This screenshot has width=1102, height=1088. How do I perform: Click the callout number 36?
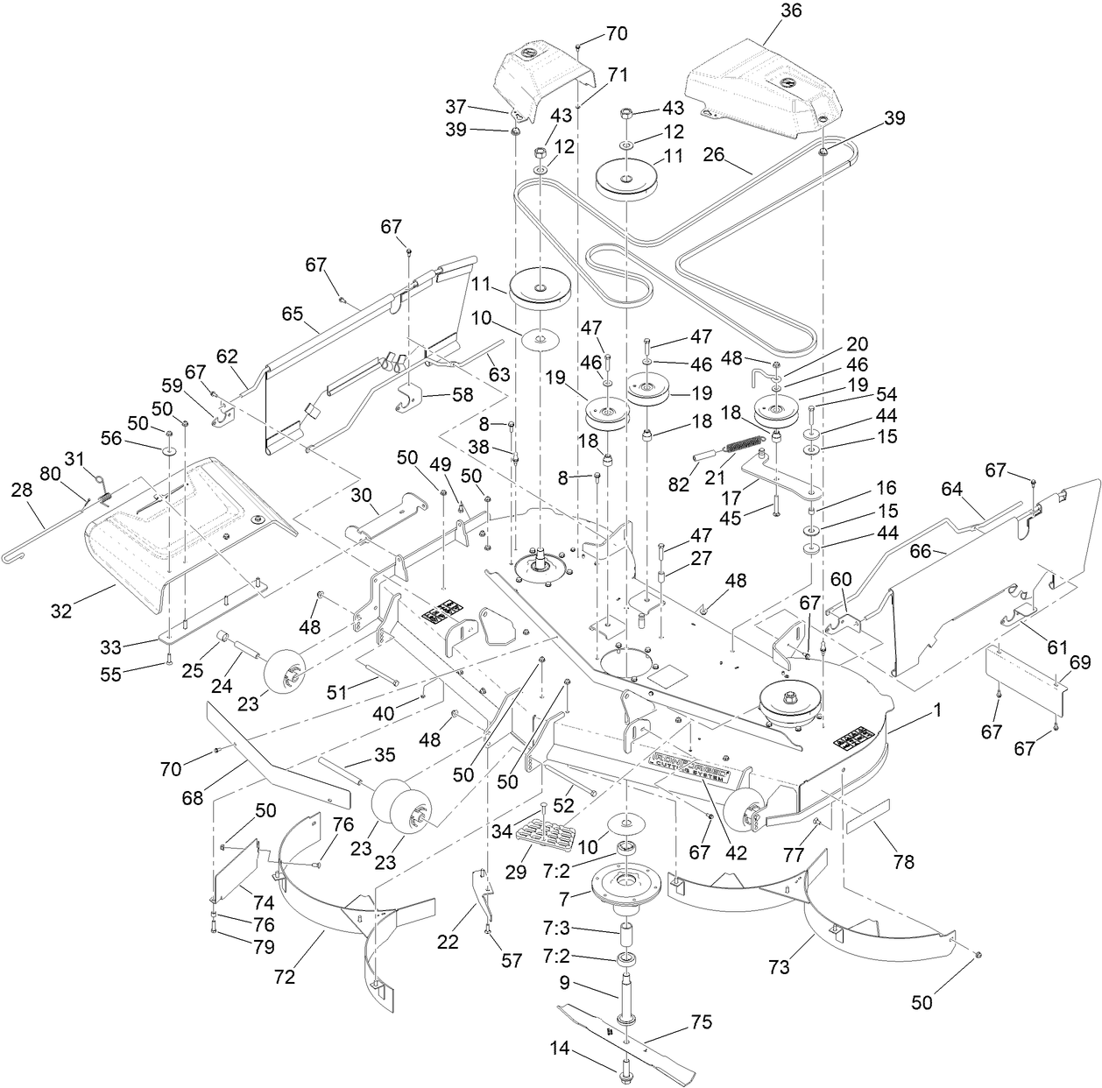766,11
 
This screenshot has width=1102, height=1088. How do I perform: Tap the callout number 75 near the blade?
702,1022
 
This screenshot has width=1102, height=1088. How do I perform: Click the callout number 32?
60,611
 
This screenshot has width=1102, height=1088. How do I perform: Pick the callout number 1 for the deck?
937,712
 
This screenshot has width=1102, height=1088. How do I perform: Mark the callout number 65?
292,312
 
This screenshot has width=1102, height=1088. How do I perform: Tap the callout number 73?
779,966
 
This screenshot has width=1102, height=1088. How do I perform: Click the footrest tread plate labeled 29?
543,834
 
